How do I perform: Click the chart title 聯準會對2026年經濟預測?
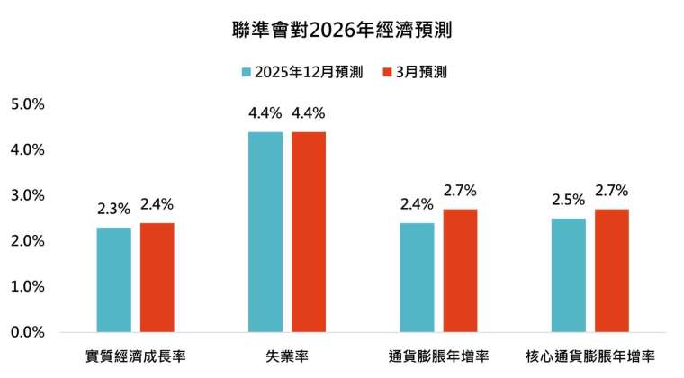coord(342,29)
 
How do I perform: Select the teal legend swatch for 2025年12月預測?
coord(245,72)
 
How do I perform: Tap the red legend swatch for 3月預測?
coord(386,72)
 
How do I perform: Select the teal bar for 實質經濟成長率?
coord(114,279)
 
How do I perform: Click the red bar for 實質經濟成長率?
coord(157,277)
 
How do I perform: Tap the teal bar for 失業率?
coord(265,231)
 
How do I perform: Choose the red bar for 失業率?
coord(309,231)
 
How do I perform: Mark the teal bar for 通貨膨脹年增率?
coord(417,277)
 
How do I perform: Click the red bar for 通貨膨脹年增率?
coord(460,270)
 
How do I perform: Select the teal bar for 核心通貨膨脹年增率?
coord(568,274)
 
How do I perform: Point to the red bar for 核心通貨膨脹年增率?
coord(611,270)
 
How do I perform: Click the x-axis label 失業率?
coord(287,356)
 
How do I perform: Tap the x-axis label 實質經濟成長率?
coord(135,356)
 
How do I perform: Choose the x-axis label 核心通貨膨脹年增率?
coord(589,356)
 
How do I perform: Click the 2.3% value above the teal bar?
coord(114,209)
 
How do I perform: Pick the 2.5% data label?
coord(568,200)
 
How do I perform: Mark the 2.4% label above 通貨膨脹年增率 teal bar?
coord(417,204)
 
